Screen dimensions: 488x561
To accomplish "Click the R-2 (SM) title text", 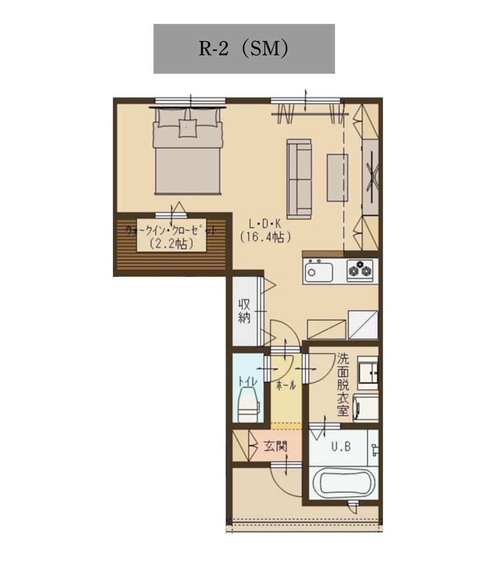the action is [x=244, y=49].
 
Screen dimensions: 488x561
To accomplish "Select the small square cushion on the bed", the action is [x=188, y=128].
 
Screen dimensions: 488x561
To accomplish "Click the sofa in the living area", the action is [x=299, y=179].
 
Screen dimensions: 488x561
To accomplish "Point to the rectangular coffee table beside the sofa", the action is [x=337, y=178].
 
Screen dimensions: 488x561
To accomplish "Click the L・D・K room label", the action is [x=265, y=224].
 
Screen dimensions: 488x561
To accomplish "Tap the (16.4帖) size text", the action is [x=265, y=237].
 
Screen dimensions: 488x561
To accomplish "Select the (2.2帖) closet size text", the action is [x=172, y=244].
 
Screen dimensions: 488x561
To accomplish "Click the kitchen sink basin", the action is [x=318, y=272].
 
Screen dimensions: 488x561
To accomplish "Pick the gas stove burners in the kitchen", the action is [x=359, y=270].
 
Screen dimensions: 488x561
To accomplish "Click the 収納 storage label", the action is [x=244, y=311].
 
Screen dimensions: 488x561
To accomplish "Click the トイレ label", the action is [x=248, y=381].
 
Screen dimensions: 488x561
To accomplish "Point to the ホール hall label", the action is [x=286, y=385].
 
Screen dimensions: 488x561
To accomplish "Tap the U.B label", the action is [x=341, y=446].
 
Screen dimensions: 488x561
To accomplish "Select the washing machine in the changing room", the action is [x=366, y=407].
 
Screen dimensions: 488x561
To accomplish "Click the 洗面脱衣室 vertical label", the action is [x=342, y=385].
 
